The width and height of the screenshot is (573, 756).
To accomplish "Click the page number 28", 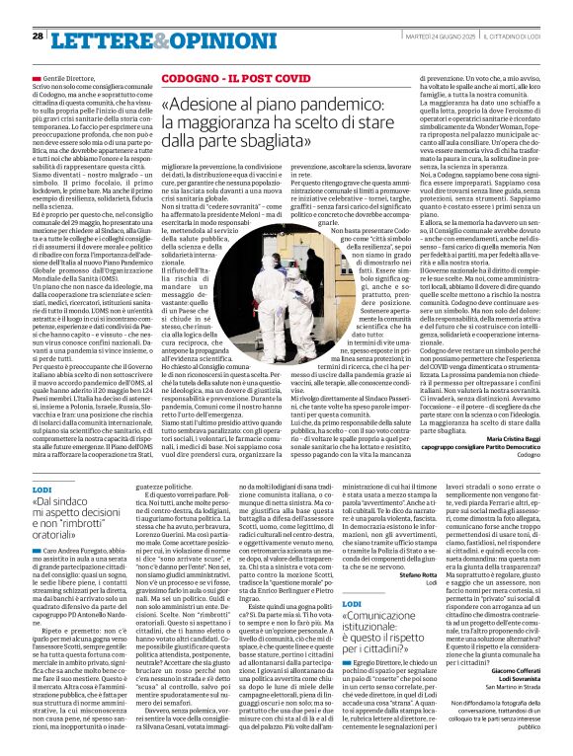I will (x=38, y=36).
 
